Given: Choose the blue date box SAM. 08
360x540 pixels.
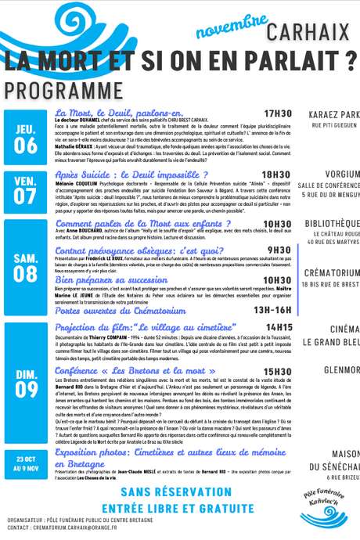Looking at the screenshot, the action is [x=24, y=266].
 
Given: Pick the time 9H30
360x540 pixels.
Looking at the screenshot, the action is [x=279, y=250].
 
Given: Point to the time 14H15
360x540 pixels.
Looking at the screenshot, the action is [x=279, y=326].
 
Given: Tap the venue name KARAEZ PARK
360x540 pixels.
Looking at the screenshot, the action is [x=332, y=113].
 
